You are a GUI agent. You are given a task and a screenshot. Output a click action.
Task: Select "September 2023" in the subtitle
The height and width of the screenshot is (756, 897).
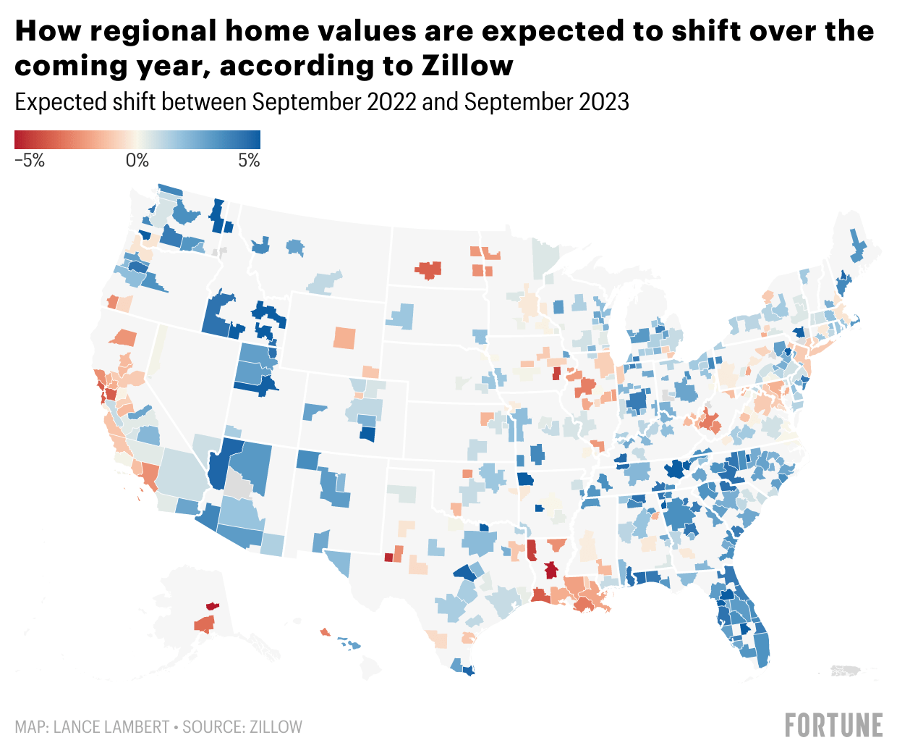(x=546, y=102)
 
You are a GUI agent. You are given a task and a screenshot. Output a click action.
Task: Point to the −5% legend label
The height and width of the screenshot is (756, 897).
(x=30, y=161)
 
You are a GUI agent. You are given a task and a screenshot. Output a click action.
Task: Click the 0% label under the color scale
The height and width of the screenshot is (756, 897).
(x=137, y=161)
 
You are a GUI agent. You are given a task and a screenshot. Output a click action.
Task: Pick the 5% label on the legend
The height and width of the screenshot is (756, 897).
(x=249, y=161)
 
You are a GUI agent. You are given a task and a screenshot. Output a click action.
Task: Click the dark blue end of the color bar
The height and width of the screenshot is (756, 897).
(x=253, y=140)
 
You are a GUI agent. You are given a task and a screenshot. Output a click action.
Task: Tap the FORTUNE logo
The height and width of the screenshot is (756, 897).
(x=833, y=725)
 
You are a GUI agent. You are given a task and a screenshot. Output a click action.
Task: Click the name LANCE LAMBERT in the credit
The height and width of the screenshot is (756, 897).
(x=111, y=727)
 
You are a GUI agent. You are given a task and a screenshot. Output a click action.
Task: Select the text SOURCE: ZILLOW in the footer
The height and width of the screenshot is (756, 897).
(x=242, y=727)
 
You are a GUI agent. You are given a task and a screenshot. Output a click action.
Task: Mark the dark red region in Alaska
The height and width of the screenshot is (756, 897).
(x=212, y=605)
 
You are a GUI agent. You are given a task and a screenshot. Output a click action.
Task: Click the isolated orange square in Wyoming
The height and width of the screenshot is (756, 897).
(x=345, y=338)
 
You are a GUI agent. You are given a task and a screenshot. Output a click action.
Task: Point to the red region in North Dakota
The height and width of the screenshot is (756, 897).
(x=428, y=269)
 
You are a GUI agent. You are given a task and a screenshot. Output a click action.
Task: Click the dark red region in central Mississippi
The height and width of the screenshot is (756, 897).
(x=551, y=571)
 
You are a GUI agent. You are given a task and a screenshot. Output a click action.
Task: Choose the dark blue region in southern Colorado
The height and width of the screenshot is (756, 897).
(x=367, y=434)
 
